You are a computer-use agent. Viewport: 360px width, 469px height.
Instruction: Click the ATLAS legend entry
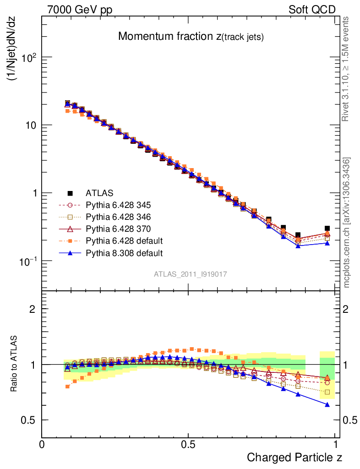tap(99, 193)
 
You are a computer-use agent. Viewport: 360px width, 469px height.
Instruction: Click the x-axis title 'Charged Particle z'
tap(295, 457)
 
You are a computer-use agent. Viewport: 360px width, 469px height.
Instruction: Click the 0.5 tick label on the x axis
tap(188, 445)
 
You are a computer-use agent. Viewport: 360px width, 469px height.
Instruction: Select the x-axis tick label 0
tap(42, 445)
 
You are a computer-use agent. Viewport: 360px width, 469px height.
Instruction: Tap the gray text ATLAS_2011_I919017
tap(191, 274)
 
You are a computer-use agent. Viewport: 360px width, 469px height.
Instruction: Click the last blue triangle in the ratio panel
tap(327, 404)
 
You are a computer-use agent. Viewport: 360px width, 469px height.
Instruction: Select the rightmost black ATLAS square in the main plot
tap(327, 228)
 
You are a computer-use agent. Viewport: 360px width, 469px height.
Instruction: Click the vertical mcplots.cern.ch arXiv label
tap(347, 223)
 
